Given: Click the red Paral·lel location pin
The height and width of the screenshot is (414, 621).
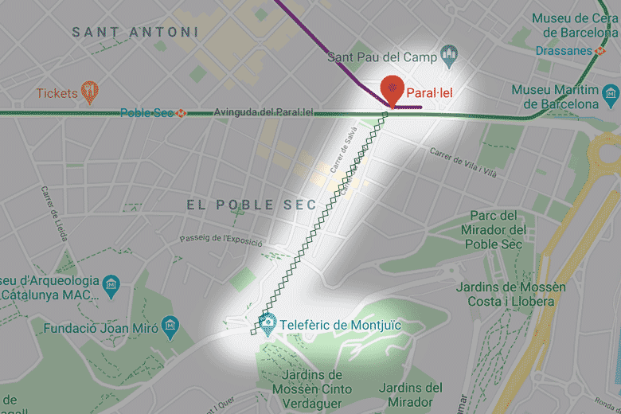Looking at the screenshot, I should coord(392,89).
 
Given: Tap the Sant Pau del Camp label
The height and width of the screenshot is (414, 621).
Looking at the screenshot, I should coord(382,57).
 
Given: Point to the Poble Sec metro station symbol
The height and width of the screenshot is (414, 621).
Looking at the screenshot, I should coord(182,113).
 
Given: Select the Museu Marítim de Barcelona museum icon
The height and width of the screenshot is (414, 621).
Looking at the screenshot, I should coord(611,96).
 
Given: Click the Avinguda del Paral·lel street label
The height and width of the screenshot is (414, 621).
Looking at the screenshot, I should coord(264,112).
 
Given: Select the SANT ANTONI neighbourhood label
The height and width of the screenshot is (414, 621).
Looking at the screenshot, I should coord(135,32).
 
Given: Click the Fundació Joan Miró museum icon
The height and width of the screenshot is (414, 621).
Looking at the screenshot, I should coord(169,326).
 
